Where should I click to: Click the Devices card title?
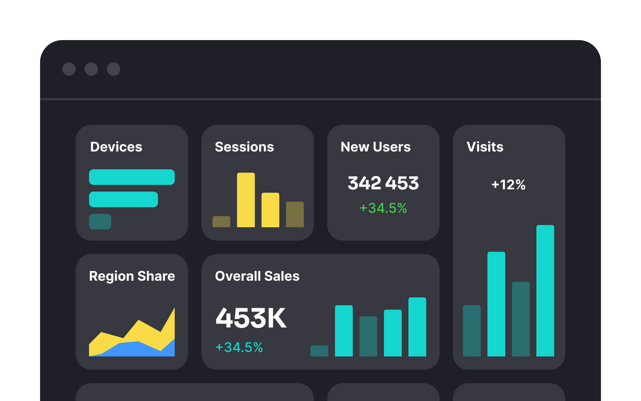click(x=116, y=147)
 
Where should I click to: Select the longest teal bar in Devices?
click(x=132, y=177)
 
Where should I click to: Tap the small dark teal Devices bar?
click(x=100, y=222)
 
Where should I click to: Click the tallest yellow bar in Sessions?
click(x=246, y=200)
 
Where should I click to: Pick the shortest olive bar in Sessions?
click(x=221, y=222)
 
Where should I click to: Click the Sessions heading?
click(x=244, y=147)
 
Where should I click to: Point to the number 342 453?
click(x=383, y=183)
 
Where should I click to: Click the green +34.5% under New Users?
click(x=383, y=208)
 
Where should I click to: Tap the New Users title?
click(x=375, y=147)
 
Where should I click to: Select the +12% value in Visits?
click(x=508, y=185)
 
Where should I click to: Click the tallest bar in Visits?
click(x=545, y=290)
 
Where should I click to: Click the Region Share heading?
click(x=132, y=276)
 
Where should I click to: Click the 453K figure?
click(x=251, y=318)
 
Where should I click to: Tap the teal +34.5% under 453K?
click(x=239, y=347)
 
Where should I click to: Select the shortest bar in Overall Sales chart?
click(x=319, y=351)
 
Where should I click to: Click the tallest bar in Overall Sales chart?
click(x=417, y=327)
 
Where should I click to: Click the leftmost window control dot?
click(x=69, y=69)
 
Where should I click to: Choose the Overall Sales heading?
click(x=257, y=276)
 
